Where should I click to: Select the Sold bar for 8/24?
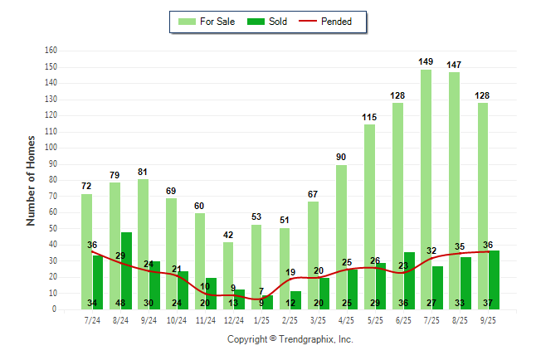(x=126, y=265)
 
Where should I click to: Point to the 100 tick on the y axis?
(x=51, y=148)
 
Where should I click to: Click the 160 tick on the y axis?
(x=51, y=51)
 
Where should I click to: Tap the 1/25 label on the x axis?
(x=261, y=320)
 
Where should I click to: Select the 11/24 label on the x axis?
(x=205, y=320)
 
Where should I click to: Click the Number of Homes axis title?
(x=31, y=180)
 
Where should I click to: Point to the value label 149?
(x=426, y=61)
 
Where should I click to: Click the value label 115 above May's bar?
(x=369, y=117)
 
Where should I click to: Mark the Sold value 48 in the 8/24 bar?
(x=126, y=303)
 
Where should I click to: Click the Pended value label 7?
(x=261, y=291)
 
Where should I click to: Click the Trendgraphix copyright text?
(x=290, y=339)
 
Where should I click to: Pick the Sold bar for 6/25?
(x=409, y=278)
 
